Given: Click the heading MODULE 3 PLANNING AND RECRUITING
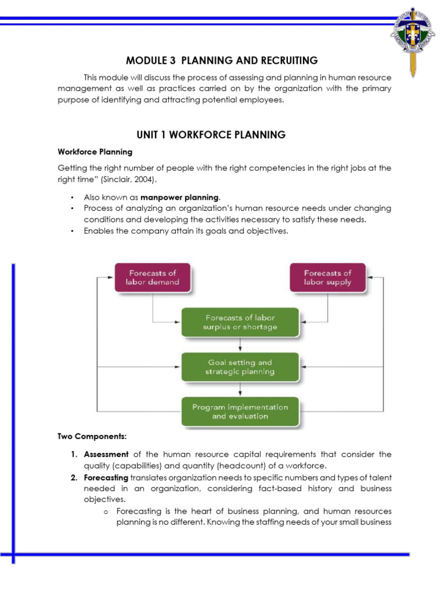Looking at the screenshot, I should click(x=222, y=60).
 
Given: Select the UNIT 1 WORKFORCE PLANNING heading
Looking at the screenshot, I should click(x=211, y=135).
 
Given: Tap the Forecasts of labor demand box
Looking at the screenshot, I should click(x=153, y=277).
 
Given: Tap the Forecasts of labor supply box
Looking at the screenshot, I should click(x=327, y=277).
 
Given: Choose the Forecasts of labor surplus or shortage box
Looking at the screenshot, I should click(x=240, y=322).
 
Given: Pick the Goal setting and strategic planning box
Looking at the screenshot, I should click(x=240, y=367).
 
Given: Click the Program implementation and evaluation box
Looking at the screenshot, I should click(x=240, y=411).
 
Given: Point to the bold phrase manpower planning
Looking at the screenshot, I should click(x=180, y=197).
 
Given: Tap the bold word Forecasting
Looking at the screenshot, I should click(x=106, y=477).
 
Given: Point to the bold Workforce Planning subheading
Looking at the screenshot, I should click(x=95, y=152).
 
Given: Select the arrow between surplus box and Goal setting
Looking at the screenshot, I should click(x=240, y=345).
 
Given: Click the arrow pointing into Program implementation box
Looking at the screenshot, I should click(x=240, y=390).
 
